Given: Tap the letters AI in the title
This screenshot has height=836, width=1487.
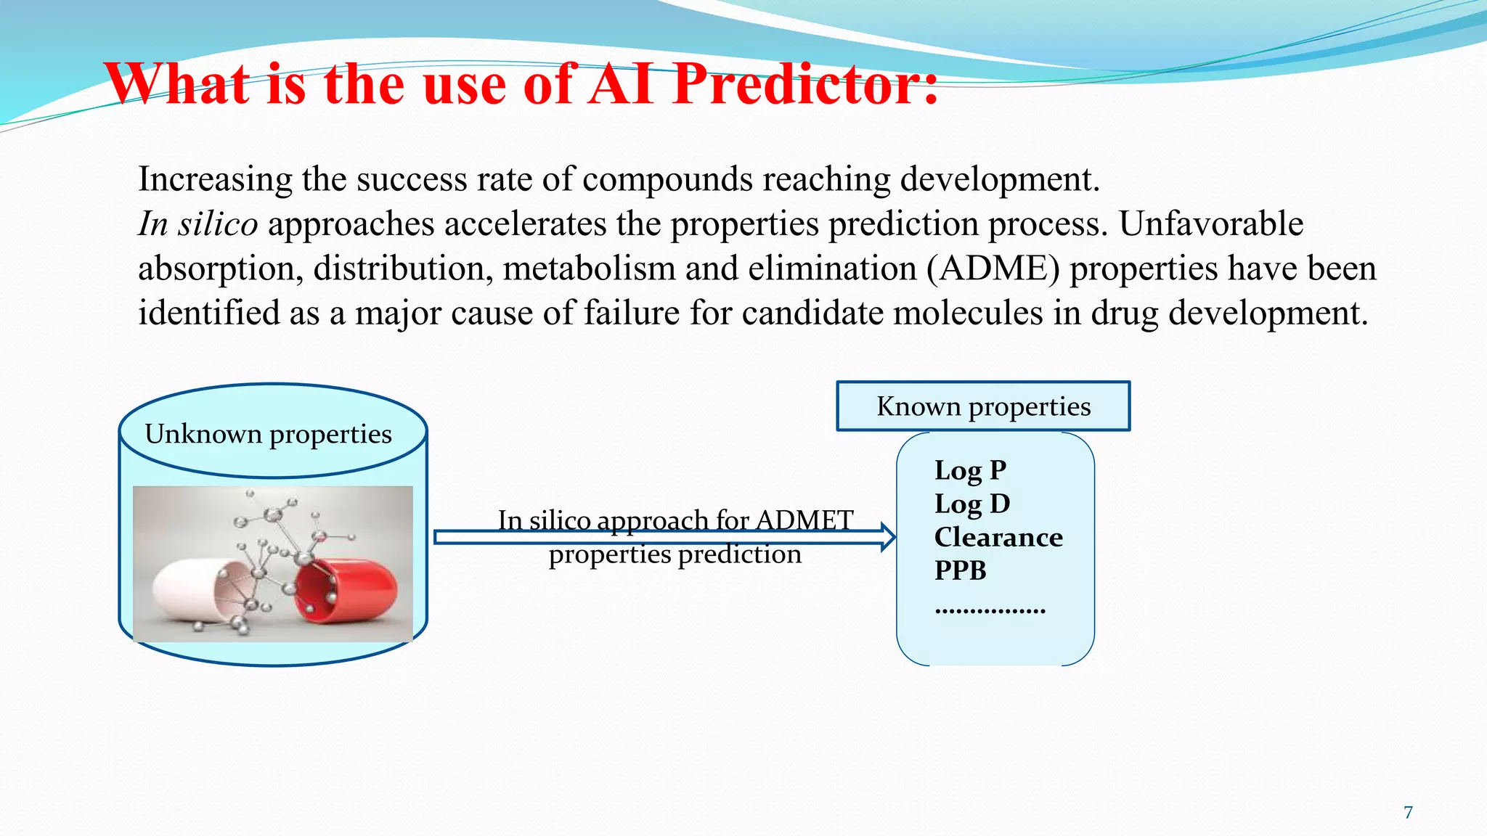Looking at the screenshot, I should [x=622, y=85].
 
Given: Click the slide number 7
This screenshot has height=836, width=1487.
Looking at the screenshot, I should [x=1408, y=812].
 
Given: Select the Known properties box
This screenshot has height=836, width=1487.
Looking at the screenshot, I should [x=983, y=406].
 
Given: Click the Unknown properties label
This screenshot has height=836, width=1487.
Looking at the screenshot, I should [x=268, y=434].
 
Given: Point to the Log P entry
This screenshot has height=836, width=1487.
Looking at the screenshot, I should [x=970, y=470].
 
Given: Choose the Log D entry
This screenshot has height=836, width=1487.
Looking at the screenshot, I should [x=971, y=504].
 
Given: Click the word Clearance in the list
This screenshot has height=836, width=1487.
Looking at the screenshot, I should [x=998, y=537].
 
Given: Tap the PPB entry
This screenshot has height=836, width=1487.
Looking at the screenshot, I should [x=960, y=570].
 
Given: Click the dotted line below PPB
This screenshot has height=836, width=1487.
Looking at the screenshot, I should [x=990, y=611].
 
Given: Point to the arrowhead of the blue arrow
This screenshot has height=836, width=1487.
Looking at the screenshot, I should [x=888, y=537].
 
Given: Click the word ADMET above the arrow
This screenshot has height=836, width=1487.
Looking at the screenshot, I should [x=804, y=520].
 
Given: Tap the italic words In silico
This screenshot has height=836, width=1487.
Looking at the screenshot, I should [x=197, y=224].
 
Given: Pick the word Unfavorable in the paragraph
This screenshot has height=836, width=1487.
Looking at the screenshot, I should [x=1210, y=224].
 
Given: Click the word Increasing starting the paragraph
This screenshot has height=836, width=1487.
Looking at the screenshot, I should [x=215, y=179].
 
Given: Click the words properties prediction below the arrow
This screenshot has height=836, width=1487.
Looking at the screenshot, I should [x=675, y=554].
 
